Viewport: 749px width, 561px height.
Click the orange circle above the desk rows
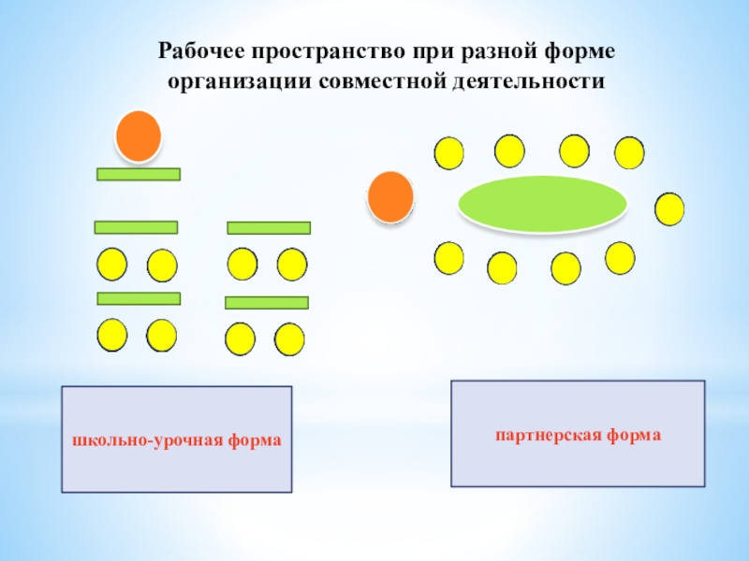coord(139,135)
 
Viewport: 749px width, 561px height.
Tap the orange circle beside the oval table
coord(389,197)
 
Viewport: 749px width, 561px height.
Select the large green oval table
coord(542,203)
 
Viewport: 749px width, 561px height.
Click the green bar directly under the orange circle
coord(139,174)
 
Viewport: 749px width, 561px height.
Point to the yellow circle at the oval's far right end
coord(669,209)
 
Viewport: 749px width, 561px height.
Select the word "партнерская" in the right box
coord(546,435)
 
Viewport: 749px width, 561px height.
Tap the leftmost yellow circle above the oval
coord(449,152)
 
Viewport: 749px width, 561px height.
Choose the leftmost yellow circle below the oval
coord(449,258)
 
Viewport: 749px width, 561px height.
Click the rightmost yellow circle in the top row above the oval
coord(629,152)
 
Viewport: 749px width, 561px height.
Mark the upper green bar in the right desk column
coord(269,228)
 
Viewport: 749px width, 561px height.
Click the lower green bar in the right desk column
coord(267,303)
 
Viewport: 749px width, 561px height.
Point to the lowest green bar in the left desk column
coord(139,298)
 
